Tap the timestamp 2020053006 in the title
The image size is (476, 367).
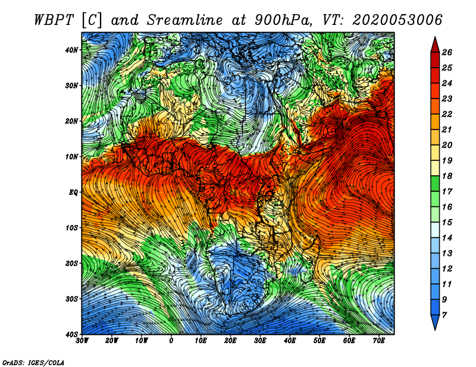pos(397,20)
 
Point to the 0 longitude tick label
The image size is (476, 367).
pos(171,341)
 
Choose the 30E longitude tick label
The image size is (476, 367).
pos(260,341)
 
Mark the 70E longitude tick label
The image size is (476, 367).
pos(379,341)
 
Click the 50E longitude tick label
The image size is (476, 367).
pos(320,341)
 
